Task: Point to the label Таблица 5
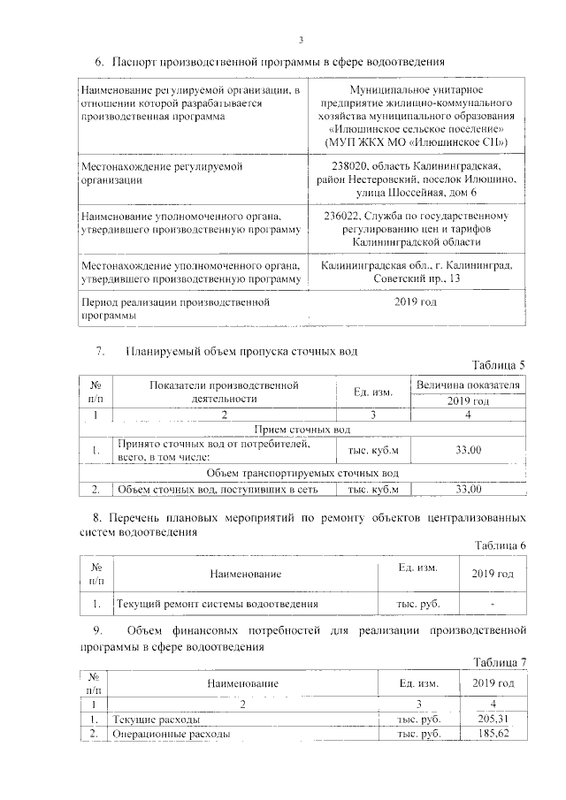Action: [500, 366]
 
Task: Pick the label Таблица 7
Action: [500, 662]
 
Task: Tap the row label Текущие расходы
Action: [152, 720]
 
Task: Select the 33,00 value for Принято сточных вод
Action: [468, 451]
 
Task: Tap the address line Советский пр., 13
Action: [416, 279]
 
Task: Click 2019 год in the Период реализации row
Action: [416, 303]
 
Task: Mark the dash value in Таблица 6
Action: [493, 605]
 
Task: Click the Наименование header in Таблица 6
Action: [245, 575]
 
